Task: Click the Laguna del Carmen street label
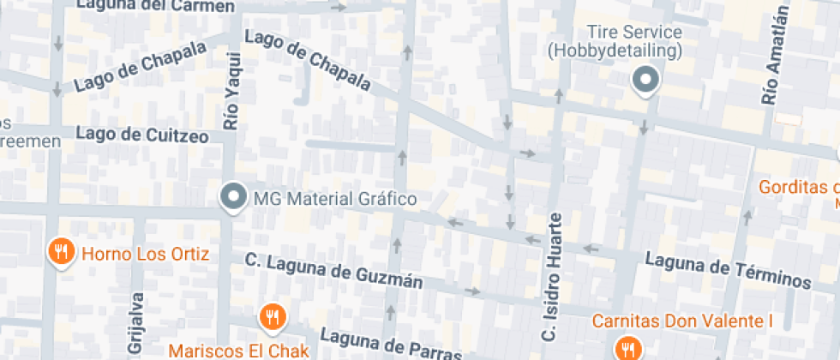[x=155, y=6]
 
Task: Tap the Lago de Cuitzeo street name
[x=142, y=135]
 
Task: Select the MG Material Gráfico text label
[x=335, y=200]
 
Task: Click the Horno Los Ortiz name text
[x=145, y=254]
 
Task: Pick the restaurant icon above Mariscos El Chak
[x=272, y=316]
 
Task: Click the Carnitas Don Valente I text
[x=682, y=322]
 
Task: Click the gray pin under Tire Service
[x=645, y=81]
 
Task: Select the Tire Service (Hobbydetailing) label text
[x=615, y=42]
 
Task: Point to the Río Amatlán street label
[x=773, y=55]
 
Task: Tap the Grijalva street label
[x=136, y=323]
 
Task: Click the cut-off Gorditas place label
[x=797, y=188]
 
